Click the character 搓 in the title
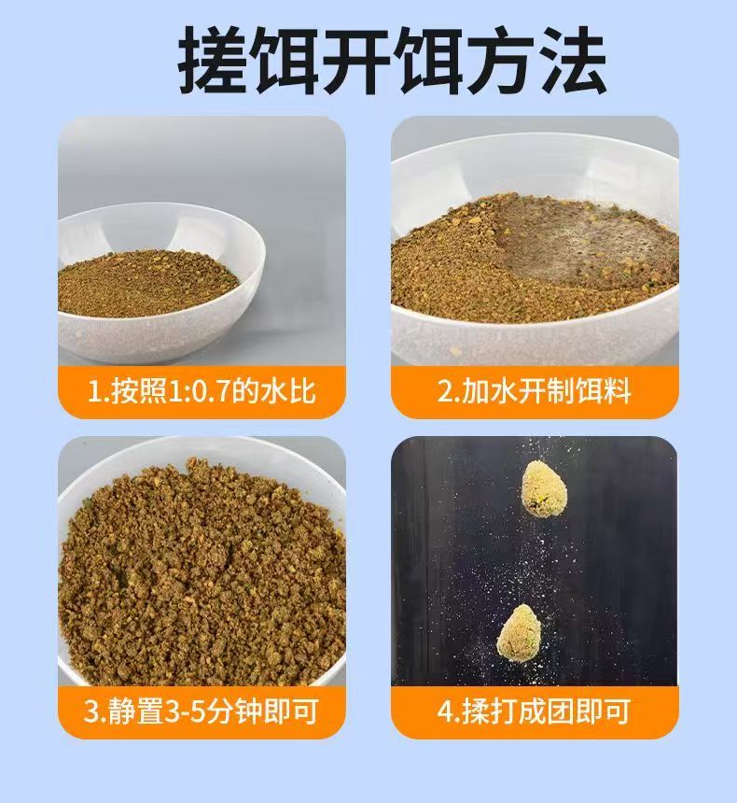(213, 61)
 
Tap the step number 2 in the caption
(445, 392)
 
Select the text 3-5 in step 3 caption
(185, 711)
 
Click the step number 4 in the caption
(445, 711)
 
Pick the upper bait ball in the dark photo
(543, 488)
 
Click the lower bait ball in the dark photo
(519, 632)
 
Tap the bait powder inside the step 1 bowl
(148, 283)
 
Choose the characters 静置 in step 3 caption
(136, 711)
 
